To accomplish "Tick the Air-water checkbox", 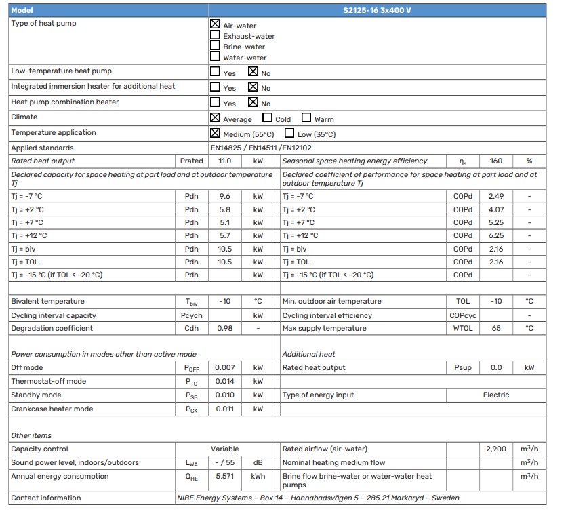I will coord(216,24).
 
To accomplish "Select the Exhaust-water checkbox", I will coord(216,35).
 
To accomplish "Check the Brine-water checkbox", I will coord(216,46).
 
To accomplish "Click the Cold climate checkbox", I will coord(268,118).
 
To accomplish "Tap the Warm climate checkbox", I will coord(306,118).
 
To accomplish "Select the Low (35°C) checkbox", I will coord(289,133).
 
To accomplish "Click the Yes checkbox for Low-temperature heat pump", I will coord(216,71).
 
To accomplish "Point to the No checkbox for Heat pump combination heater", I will coord(253,102).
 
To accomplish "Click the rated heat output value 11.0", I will coord(225,161).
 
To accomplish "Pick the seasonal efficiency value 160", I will coord(496,161).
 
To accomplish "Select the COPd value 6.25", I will coord(496,236).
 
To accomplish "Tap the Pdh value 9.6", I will coord(225,197).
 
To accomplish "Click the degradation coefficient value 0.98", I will coord(225,329).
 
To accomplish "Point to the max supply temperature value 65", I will coord(496,329).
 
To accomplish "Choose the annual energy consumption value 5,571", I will coord(225,477).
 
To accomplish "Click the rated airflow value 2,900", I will coord(496,449).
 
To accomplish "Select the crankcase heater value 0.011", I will coord(225,409).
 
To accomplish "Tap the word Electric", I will coord(496,395).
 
